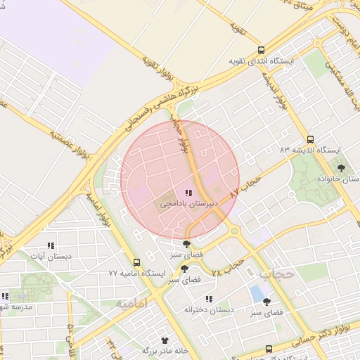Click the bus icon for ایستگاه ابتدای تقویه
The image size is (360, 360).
(x=262, y=50)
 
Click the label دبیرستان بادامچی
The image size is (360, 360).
(x=188, y=203)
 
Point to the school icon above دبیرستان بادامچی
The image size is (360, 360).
(x=188, y=192)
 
